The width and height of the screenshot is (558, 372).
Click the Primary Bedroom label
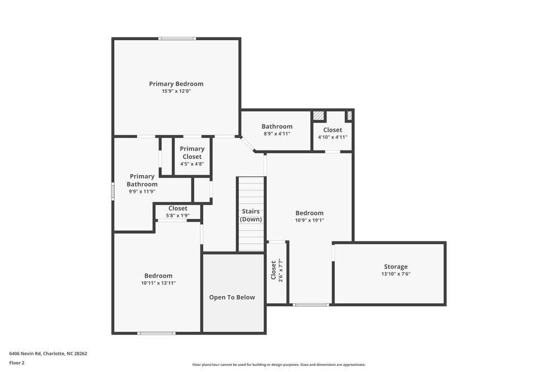click(x=176, y=84)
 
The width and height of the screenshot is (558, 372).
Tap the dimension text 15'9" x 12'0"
click(x=176, y=91)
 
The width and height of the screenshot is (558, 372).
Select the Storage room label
click(x=396, y=267)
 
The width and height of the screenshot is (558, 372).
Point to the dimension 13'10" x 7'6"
click(x=396, y=274)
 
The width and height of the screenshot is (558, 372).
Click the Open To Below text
click(x=232, y=297)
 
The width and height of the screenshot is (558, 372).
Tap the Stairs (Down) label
click(x=251, y=215)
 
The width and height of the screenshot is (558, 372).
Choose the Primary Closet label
click(x=192, y=153)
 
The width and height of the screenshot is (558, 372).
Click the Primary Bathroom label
click(x=142, y=180)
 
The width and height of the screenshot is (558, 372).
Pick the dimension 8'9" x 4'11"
click(x=277, y=134)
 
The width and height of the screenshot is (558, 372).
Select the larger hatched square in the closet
click(x=319, y=116)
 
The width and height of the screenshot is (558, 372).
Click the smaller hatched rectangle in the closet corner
click(x=349, y=115)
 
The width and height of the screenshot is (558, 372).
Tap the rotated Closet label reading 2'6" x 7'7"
click(x=277, y=270)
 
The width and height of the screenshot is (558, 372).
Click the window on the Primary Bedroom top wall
click(x=177, y=38)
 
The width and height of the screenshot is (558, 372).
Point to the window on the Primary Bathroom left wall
click(x=113, y=191)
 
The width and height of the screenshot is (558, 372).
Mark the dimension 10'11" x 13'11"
click(x=158, y=283)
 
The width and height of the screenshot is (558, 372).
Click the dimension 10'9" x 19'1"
click(x=310, y=220)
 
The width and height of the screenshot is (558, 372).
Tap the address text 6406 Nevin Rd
click(x=25, y=354)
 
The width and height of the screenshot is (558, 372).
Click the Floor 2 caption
click(x=17, y=363)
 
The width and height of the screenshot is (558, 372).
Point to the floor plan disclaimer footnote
click(x=279, y=365)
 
